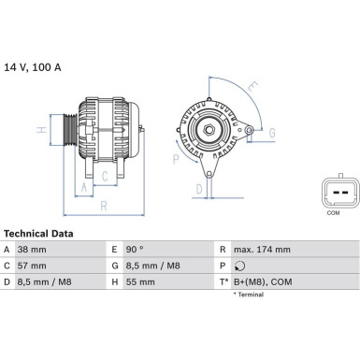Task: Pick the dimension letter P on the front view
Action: pos(175,159)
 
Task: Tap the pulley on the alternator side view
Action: pos(67,131)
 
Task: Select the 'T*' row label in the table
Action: pos(224,280)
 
